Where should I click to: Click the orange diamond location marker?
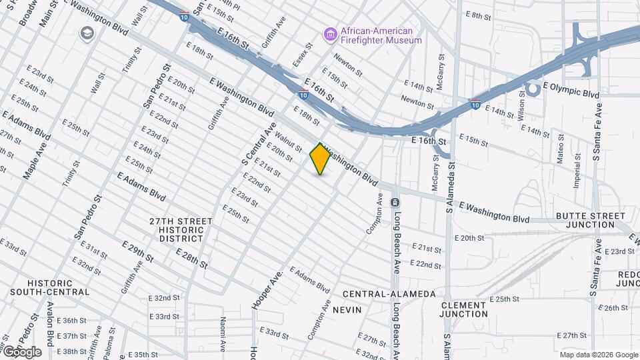coord(320,159)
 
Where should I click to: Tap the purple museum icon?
coord(329,33)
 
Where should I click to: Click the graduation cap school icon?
coord(87,33)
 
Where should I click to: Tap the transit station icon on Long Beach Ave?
coord(395,202)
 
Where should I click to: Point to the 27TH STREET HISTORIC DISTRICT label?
coord(181,229)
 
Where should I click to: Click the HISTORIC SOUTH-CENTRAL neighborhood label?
coord(49,287)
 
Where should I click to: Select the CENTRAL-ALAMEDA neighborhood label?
coord(389,294)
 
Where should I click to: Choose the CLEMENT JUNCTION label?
coord(464,309)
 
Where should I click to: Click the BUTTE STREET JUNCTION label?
coord(591,220)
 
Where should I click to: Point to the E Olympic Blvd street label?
coord(571,90)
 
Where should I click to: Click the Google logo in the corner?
coord(21,351)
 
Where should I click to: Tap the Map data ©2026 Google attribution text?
coord(598,355)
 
